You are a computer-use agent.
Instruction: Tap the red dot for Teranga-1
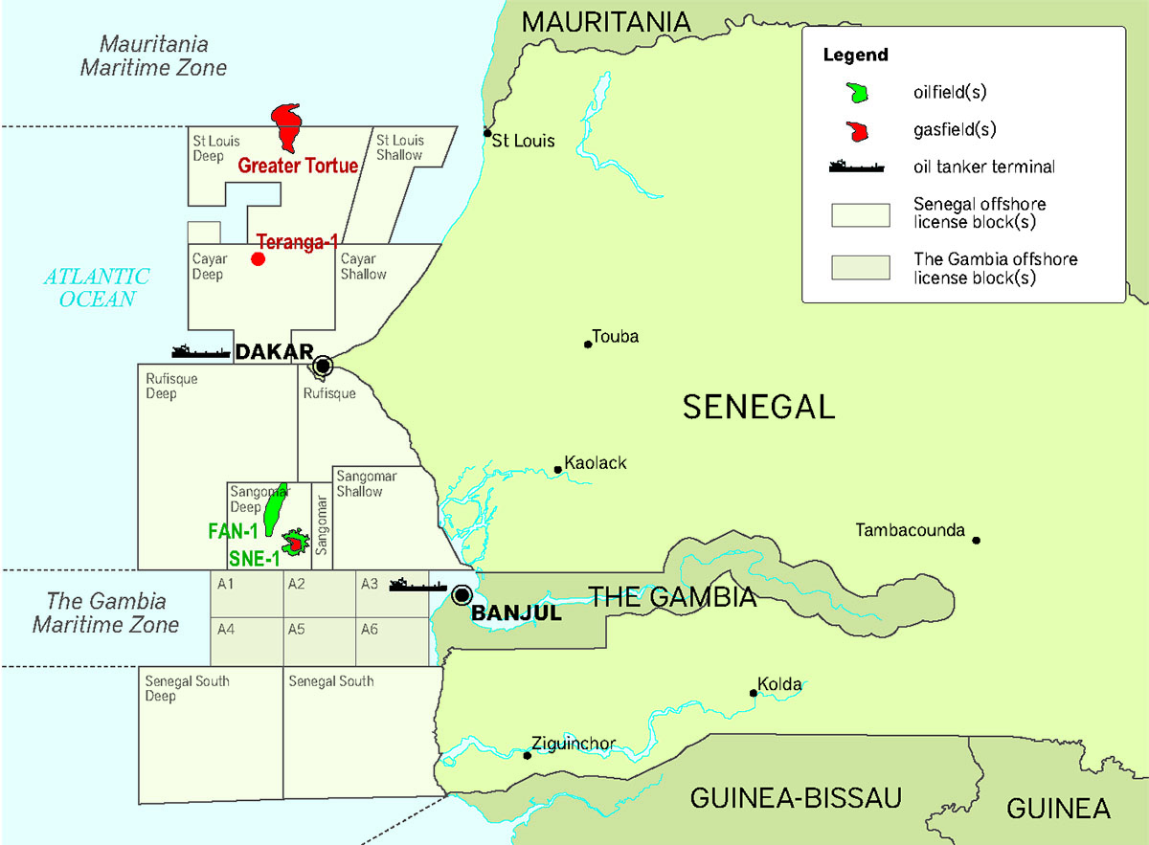click(258, 259)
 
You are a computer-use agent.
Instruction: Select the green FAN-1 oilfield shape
click(275, 507)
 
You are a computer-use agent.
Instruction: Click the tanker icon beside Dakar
click(201, 351)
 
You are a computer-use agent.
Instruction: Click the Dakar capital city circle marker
click(324, 365)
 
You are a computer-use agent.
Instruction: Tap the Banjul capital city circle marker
click(462, 595)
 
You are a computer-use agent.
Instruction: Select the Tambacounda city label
click(910, 530)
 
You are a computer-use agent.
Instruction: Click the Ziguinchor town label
click(573, 745)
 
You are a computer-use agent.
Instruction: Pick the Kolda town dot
click(754, 693)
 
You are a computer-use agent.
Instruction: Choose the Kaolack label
click(595, 463)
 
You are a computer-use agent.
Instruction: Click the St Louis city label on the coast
click(523, 142)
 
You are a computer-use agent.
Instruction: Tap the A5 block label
click(296, 630)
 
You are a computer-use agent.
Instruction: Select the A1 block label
click(226, 585)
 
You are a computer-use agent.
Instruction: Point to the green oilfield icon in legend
click(860, 92)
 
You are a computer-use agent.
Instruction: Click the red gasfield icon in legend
click(860, 129)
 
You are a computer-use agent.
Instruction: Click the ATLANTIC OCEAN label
click(97, 287)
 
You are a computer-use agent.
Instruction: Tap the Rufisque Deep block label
click(171, 386)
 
